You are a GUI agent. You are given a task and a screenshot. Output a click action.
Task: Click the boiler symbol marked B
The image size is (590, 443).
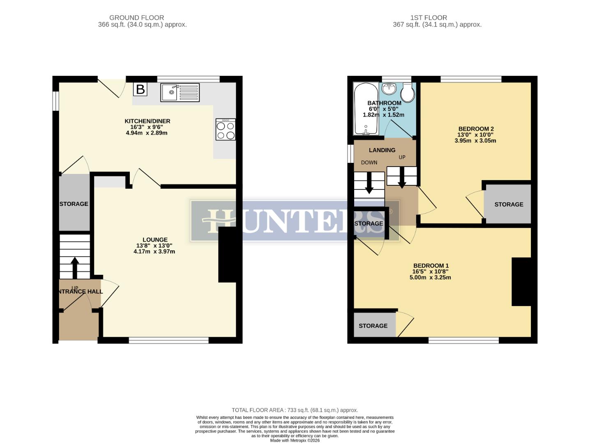pyautogui.click(x=140, y=89)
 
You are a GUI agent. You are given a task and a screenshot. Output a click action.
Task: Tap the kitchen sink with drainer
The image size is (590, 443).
pyautogui.click(x=180, y=93)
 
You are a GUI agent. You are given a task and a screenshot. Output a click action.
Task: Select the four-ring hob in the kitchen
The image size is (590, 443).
pyautogui.click(x=226, y=130)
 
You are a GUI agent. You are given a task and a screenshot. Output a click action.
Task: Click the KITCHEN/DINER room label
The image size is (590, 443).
pyautogui.click(x=147, y=121)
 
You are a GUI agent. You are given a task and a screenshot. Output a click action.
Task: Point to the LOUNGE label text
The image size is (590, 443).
pyautogui.click(x=155, y=240)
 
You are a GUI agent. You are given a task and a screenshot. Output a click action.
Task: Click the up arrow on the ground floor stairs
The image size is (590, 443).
pyautogui.click(x=75, y=267)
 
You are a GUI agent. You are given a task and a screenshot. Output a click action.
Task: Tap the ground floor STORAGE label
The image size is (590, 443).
pyautogui.click(x=74, y=204)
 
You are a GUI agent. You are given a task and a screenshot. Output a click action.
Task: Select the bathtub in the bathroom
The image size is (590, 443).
pyautogui.click(x=366, y=109)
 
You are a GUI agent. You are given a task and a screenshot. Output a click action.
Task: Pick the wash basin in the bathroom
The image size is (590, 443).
pyautogui.click(x=389, y=88)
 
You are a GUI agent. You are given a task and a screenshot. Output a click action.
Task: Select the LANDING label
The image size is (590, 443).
pyautogui.click(x=382, y=150)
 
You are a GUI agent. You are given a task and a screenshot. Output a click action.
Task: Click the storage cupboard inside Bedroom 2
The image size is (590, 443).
pyautogui.click(x=508, y=204)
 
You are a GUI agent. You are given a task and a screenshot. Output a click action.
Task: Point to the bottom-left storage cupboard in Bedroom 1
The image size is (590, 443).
pyautogui.click(x=373, y=326)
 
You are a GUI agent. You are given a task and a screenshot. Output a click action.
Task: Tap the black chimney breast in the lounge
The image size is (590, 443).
pyautogui.click(x=227, y=254)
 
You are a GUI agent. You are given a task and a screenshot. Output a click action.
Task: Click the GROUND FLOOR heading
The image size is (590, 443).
pyautogui.click(x=136, y=18)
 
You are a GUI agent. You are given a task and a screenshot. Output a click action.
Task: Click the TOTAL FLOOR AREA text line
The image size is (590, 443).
pyautogui.click(x=295, y=410)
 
